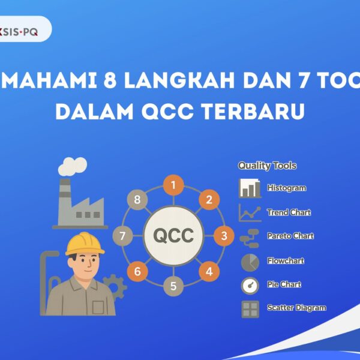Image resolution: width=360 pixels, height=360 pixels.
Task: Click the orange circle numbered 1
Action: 173,185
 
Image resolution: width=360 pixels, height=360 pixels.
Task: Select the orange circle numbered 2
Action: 209,200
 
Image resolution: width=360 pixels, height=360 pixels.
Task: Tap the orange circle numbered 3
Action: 224,236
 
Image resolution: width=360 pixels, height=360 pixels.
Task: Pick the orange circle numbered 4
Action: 209,271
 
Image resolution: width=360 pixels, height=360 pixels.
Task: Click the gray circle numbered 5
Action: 173,286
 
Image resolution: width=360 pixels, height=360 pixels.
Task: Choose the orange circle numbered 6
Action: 137,271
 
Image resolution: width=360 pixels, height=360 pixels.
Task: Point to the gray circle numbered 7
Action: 122,236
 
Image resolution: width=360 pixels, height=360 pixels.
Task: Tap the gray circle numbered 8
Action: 137,200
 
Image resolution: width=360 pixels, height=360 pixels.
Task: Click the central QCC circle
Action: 173,236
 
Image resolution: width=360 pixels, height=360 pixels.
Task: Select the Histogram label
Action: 286,188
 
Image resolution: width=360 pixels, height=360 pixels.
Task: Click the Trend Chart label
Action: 289,212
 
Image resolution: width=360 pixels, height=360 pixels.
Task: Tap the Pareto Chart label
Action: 290,236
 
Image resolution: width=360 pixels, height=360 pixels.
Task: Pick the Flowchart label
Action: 286,260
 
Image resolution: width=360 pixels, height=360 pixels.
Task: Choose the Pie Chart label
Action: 284,284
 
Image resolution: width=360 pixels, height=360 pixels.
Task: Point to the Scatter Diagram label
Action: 296,308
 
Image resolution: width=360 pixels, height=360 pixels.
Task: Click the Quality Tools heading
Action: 267,166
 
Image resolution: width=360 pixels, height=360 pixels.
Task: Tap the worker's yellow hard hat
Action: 85,243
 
